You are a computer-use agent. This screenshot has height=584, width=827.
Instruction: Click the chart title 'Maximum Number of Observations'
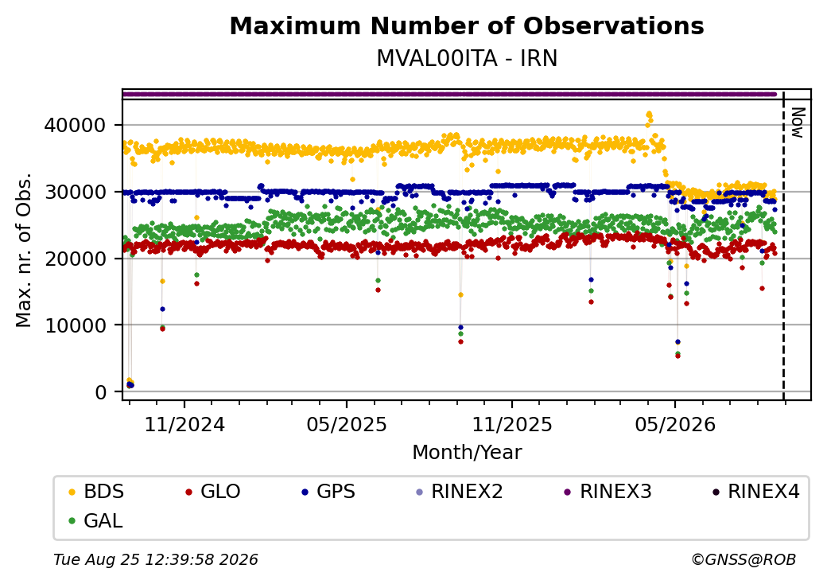(467, 25)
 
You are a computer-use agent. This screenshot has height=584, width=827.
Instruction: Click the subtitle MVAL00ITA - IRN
(467, 59)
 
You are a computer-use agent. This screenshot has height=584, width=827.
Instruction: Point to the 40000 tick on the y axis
(76, 126)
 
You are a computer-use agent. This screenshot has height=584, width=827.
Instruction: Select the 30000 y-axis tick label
(76, 192)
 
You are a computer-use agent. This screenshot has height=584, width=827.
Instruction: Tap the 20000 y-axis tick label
(76, 259)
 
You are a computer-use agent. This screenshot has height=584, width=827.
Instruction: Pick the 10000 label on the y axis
(76, 325)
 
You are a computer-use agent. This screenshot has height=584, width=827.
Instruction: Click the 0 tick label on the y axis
(101, 392)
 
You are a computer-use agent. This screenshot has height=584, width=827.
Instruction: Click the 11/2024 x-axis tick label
(184, 425)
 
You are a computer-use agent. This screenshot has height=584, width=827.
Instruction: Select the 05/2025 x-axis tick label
(347, 425)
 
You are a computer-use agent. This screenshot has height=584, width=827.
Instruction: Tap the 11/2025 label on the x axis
(511, 425)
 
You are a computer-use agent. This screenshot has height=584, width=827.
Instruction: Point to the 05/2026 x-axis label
(675, 425)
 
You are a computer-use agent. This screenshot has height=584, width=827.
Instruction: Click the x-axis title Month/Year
(467, 453)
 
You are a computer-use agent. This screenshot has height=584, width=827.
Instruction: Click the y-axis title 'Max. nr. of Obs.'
(24, 250)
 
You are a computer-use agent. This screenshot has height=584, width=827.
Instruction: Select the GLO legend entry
(213, 492)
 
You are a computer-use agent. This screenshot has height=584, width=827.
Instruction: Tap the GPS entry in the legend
(328, 492)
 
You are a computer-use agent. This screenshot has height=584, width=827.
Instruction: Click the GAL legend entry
(96, 520)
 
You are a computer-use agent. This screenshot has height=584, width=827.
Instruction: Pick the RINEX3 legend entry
(608, 492)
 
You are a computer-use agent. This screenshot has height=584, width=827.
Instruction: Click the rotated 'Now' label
(798, 123)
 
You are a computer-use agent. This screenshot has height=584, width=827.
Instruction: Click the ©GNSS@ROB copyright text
(744, 559)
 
